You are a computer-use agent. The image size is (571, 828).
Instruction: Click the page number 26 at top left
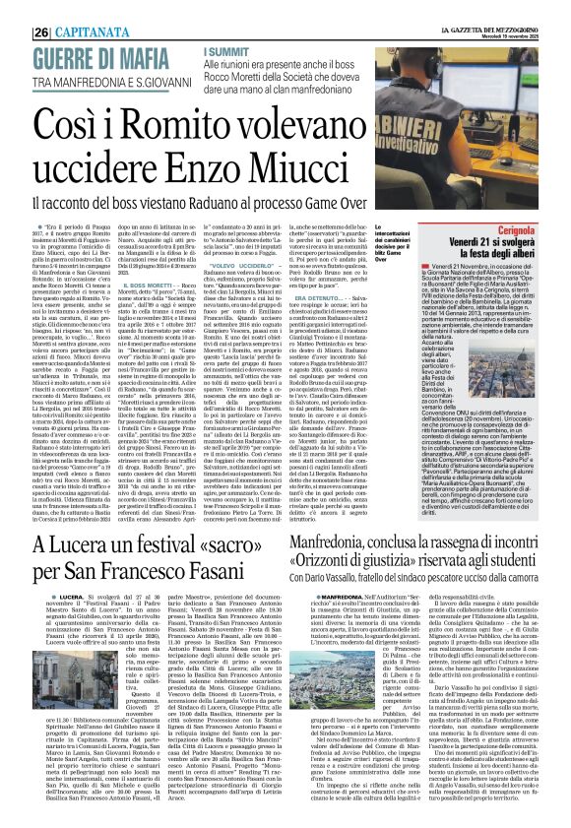(15, 11)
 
